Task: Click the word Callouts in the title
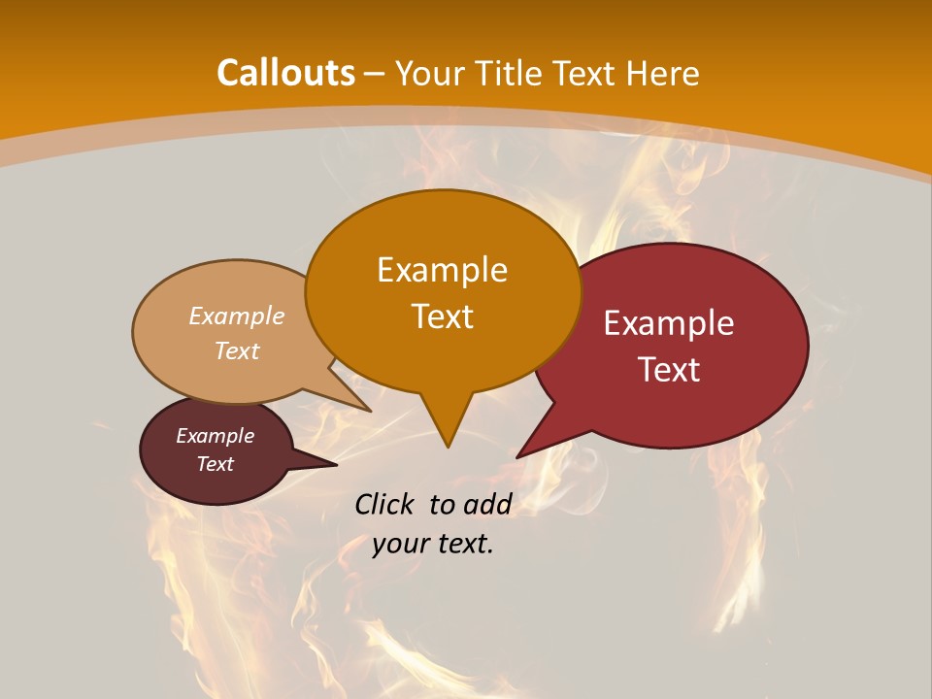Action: pos(285,73)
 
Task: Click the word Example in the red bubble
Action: pos(669,323)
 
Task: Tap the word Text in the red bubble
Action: pos(669,370)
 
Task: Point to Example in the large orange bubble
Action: pos(443,270)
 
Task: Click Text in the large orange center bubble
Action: pos(443,316)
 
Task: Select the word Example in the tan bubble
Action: pos(237,316)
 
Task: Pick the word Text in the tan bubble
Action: pos(237,350)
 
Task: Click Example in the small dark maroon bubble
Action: pos(216,436)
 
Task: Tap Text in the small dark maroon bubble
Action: pos(216,464)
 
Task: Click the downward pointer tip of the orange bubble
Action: pos(448,446)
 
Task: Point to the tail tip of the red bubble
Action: pos(518,455)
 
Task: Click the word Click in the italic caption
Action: pos(386,504)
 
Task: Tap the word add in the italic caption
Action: pos(486,504)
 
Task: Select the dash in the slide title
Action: pos(376,73)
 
